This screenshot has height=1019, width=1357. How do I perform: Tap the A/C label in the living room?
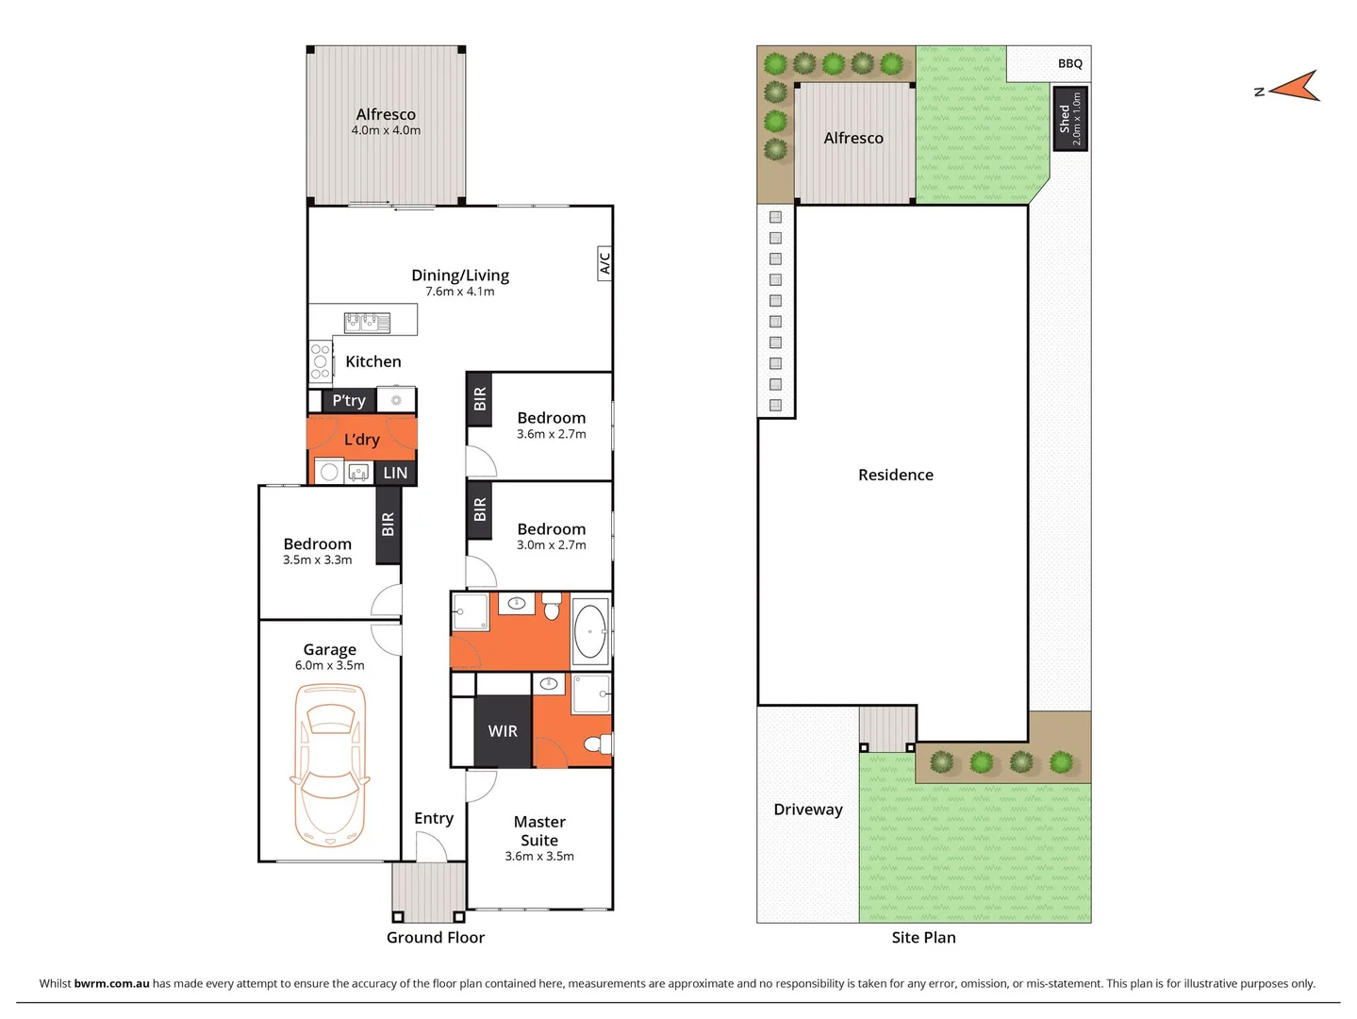[x=604, y=263]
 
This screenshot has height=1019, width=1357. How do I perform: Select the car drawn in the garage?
[x=330, y=764]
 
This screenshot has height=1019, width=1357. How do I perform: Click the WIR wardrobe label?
[x=503, y=731]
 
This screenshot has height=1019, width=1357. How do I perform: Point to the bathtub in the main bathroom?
[x=590, y=630]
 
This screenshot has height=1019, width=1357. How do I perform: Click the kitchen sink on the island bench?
[x=367, y=323]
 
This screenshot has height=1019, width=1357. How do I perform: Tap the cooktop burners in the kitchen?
[x=321, y=361]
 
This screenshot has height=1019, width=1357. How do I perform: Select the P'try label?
[x=349, y=400]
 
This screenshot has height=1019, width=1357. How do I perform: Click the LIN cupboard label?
[x=395, y=473]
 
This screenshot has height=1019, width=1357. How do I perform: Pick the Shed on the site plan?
[x=1070, y=118]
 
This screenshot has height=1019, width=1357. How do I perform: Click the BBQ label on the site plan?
[x=1070, y=63]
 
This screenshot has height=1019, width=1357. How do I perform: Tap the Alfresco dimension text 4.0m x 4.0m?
[x=386, y=130]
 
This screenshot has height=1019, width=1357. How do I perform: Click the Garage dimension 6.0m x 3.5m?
[x=329, y=665]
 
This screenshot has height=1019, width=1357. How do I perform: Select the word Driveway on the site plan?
[x=808, y=810]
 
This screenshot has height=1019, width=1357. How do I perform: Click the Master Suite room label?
[x=539, y=831]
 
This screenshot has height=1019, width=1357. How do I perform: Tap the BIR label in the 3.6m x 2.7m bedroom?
[x=480, y=398]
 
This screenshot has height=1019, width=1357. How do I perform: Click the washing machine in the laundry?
[x=329, y=472]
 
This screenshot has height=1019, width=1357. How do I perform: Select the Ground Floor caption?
[x=435, y=937]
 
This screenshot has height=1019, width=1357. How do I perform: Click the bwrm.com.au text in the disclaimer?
[x=111, y=983]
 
